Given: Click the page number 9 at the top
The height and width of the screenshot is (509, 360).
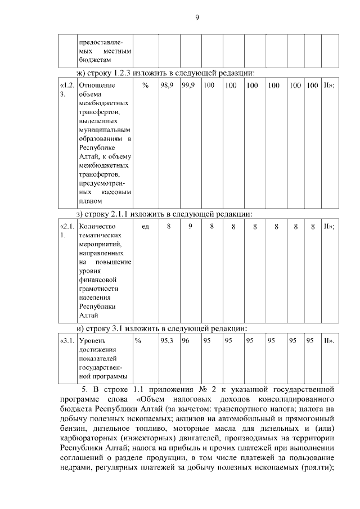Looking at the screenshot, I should pyautogui.click(x=197, y=17).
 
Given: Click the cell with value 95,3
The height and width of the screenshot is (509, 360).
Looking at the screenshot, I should pyautogui.click(x=166, y=340).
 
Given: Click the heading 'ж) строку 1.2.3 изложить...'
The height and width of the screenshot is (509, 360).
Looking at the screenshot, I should pyautogui.click(x=166, y=73).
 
